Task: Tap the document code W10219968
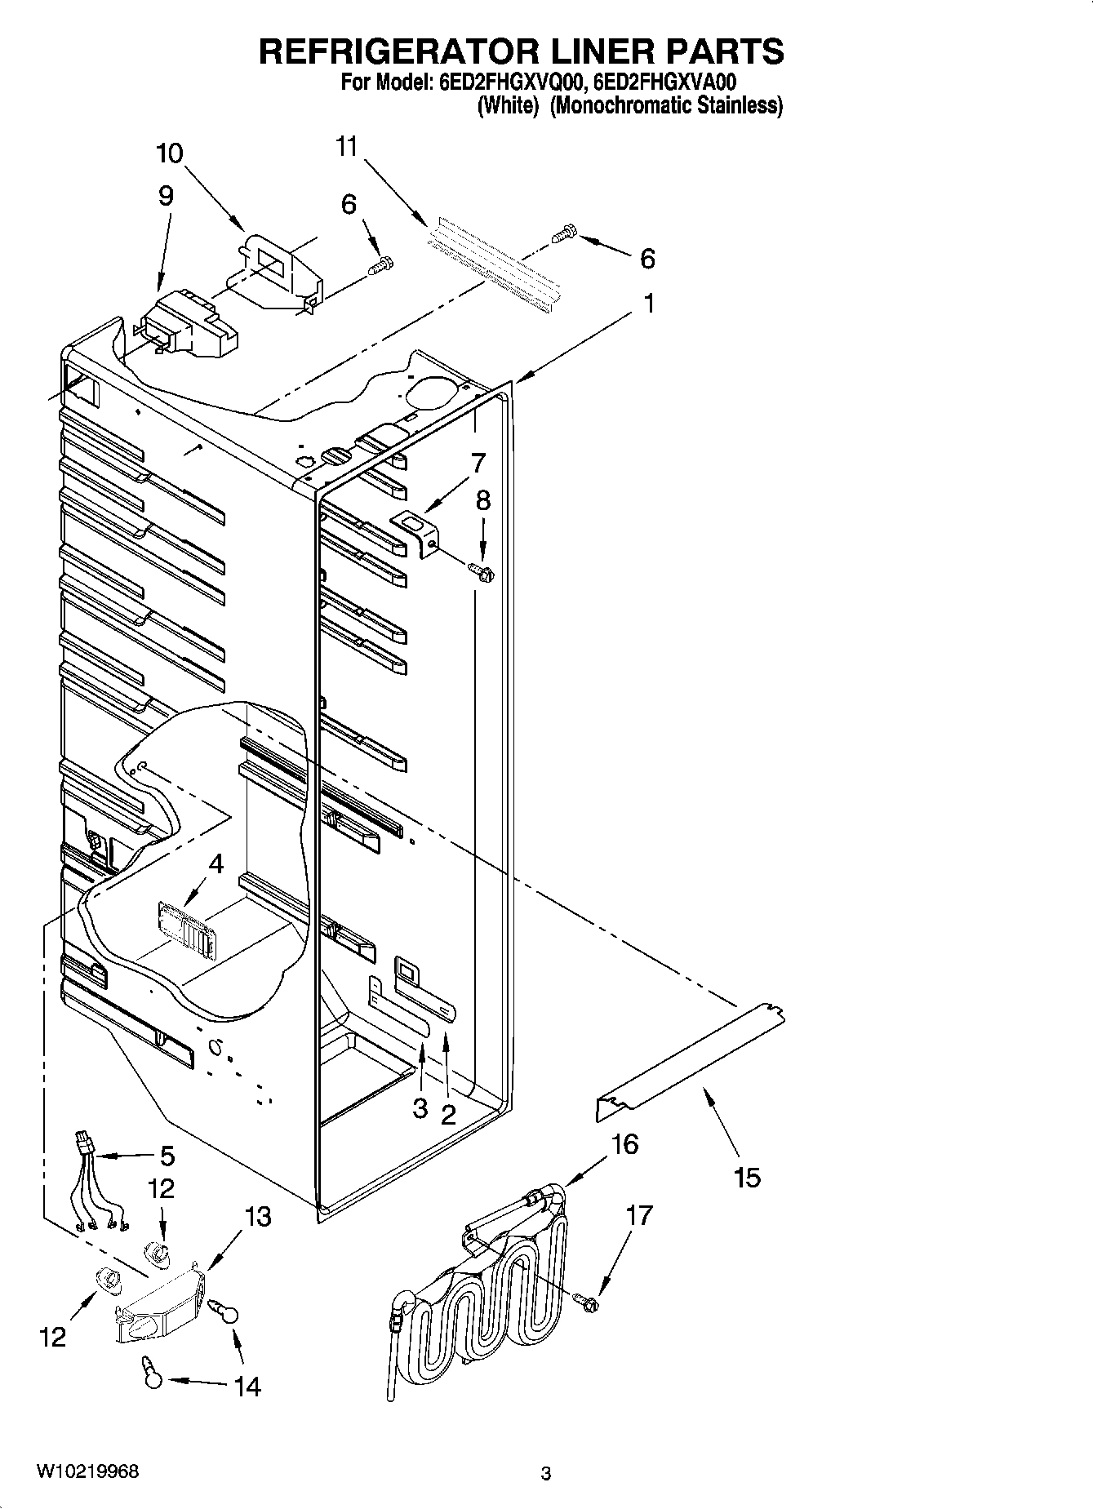tap(87, 1471)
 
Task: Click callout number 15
tap(747, 1177)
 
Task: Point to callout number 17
tap(639, 1215)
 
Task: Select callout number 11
tap(347, 147)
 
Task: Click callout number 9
tap(166, 196)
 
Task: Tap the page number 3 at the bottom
tap(546, 1474)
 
